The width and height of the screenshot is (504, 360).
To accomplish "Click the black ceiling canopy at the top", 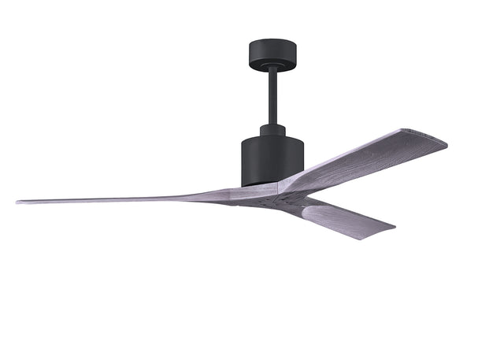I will pyautogui.click(x=272, y=54).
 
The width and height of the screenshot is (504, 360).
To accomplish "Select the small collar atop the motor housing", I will pyautogui.click(x=272, y=129).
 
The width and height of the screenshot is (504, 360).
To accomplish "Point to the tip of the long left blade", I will pyautogui.click(x=20, y=202).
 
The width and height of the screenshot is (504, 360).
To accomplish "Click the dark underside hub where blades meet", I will pyautogui.click(x=268, y=199).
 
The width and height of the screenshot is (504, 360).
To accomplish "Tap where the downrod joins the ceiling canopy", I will pyautogui.click(x=272, y=72).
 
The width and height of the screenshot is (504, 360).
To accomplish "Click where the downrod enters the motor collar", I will pyautogui.click(x=272, y=124).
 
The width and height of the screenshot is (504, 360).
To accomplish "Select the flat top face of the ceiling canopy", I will pyautogui.click(x=272, y=43).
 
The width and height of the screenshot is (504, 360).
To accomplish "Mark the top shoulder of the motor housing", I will pyautogui.click(x=272, y=139).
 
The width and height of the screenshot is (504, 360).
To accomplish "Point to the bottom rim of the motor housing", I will pyautogui.click(x=260, y=184).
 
